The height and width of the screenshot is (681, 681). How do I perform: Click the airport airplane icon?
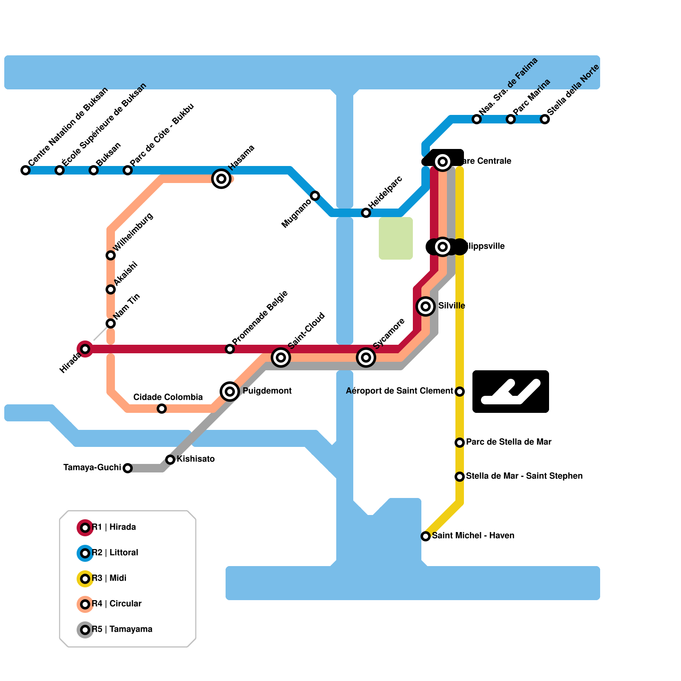pyautogui.click(x=510, y=391)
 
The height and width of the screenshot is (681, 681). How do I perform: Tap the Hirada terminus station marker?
pyautogui.click(x=85, y=349)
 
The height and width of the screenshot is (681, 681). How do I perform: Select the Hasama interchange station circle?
pyautogui.click(x=221, y=179)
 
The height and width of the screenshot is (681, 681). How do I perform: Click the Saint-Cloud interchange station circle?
pyautogui.click(x=281, y=358)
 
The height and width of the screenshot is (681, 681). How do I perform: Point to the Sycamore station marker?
pyautogui.click(x=366, y=358)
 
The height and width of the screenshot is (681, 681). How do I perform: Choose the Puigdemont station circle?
pyautogui.click(x=230, y=391)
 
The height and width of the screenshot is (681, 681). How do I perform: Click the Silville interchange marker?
pyautogui.click(x=426, y=306)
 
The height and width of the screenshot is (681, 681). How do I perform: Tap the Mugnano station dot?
pyautogui.click(x=315, y=196)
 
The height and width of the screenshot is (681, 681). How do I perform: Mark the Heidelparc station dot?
pyautogui.click(x=366, y=213)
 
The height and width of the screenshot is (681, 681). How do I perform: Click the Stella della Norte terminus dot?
pyautogui.click(x=545, y=119)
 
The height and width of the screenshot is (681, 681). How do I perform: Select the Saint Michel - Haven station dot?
pyautogui.click(x=426, y=536)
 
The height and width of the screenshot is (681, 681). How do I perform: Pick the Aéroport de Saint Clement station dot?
pyautogui.click(x=460, y=392)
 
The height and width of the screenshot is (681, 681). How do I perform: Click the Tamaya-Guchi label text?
pyautogui.click(x=92, y=468)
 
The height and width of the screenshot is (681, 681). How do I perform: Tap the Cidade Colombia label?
pyautogui.click(x=168, y=398)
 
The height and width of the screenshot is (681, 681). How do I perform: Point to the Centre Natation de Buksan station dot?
pyautogui.click(x=26, y=170)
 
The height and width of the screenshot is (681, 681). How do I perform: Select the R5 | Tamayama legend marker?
pyautogui.click(x=85, y=630)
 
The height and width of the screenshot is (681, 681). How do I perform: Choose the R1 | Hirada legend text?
pyautogui.click(x=114, y=527)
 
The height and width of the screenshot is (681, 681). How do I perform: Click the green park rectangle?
pyautogui.click(x=395, y=238)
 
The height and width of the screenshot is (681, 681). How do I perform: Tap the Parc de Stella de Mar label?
pyautogui.click(x=509, y=442)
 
